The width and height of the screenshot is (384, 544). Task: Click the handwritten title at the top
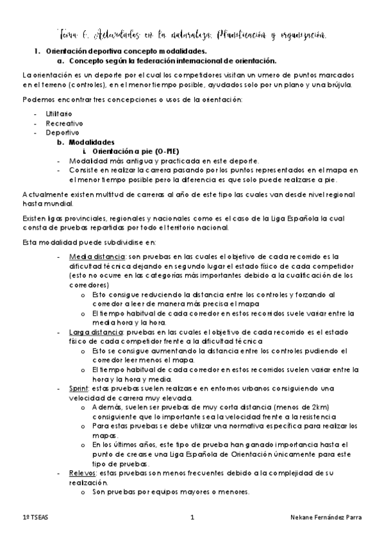(192, 33)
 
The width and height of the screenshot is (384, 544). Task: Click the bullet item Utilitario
(58, 113)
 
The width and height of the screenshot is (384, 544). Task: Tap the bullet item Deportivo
(58, 133)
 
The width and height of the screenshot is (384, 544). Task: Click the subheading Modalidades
(92, 142)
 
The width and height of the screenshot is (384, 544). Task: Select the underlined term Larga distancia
(95, 332)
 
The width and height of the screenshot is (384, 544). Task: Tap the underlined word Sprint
(79, 389)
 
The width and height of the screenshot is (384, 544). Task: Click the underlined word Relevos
(82, 473)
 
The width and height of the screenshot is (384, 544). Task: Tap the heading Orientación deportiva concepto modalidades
(127, 51)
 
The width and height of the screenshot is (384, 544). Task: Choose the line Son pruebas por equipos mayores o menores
(171, 492)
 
